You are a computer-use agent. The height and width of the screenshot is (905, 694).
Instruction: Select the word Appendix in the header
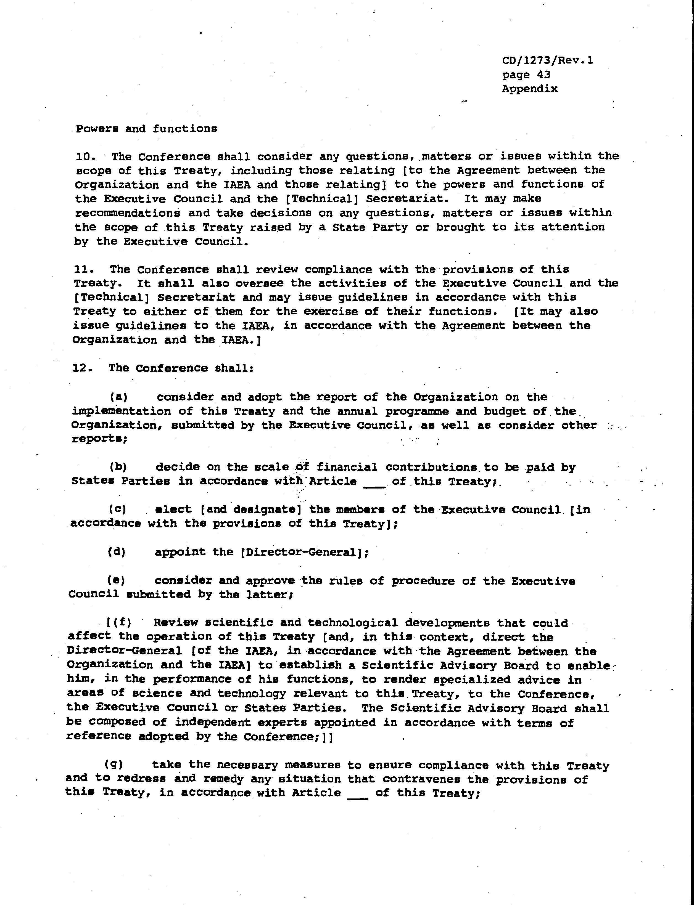[x=530, y=89]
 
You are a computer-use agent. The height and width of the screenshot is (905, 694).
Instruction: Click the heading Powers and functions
[x=146, y=129]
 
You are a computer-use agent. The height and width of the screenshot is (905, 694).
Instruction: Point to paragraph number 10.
[x=86, y=157]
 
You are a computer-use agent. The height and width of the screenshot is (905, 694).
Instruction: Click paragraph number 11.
[x=84, y=270]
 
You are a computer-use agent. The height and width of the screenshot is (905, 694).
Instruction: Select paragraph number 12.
[x=82, y=368]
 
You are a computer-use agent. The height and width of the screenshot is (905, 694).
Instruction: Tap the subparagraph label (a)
[x=118, y=397]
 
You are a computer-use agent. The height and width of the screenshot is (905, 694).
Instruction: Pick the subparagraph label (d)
[x=117, y=552]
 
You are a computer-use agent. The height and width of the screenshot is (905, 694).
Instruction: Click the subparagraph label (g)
[x=114, y=765]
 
